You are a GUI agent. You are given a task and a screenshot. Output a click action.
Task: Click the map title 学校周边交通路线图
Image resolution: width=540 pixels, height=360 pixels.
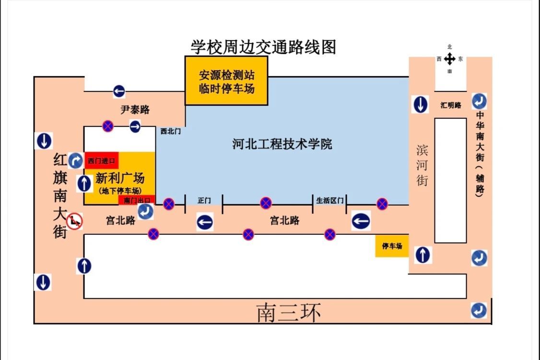tap(263, 47)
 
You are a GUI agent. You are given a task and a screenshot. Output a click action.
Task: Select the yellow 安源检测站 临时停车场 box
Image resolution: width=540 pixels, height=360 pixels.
tap(226, 81)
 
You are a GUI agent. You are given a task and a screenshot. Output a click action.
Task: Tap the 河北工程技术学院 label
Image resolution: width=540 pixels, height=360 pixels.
tap(282, 144)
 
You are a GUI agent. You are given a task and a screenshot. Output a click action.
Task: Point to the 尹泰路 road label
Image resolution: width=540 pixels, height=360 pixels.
tap(135, 110)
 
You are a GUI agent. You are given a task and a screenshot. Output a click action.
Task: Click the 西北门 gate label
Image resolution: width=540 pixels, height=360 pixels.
tap(170, 131)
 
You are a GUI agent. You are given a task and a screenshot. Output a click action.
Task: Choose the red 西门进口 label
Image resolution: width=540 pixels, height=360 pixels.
tap(102, 161)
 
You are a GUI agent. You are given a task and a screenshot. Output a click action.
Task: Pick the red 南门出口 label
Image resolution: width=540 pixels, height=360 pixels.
tap(137, 200)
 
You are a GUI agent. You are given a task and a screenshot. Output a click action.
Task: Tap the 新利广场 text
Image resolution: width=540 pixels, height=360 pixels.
tap(120, 178)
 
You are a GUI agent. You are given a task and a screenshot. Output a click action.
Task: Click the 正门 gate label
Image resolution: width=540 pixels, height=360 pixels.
tap(204, 200)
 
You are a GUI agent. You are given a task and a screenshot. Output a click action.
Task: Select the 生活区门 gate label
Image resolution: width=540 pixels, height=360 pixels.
tap(330, 200)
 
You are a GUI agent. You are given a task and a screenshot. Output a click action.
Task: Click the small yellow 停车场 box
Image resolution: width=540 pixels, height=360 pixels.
tap(392, 246)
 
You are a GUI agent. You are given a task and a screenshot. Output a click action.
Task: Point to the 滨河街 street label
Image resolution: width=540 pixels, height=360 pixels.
tap(422, 165)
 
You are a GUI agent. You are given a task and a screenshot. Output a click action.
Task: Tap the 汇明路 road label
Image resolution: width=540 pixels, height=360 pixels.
tap(451, 105)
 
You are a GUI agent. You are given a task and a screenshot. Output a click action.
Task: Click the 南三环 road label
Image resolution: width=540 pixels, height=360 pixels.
tap(289, 313)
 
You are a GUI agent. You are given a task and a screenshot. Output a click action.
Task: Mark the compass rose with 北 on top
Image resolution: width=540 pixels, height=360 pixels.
tap(450, 59)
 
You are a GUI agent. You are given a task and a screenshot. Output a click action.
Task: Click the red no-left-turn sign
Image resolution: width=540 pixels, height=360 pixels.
tap(74, 221)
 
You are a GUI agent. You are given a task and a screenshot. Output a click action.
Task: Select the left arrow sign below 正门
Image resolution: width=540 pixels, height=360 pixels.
tap(205, 222)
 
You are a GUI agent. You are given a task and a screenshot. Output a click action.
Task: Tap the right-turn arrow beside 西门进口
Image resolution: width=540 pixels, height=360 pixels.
tap(75, 161)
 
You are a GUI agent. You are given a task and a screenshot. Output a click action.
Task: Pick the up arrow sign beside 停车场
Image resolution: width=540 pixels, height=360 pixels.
tap(423, 255)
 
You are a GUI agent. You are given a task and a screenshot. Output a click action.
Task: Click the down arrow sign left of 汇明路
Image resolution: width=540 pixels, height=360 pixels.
tap(420, 104)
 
